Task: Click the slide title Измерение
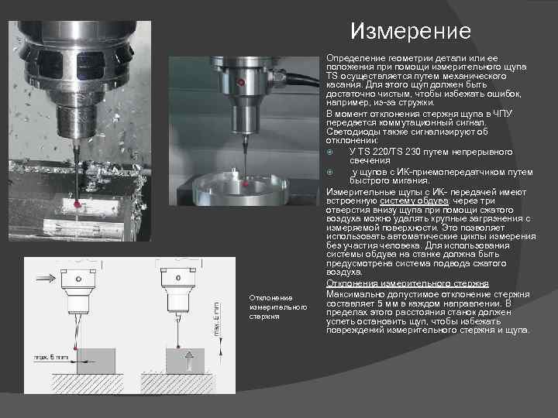[411, 31]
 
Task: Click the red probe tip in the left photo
[77, 204]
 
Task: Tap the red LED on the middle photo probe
[241, 83]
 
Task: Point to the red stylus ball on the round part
[245, 183]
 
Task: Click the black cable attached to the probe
[302, 80]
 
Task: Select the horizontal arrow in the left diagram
[46, 278]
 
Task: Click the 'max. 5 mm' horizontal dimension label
[51, 357]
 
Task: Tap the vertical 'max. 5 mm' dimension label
[216, 320]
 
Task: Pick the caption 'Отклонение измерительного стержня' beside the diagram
[278, 307]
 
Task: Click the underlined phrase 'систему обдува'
[414, 201]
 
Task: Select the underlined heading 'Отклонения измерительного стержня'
[408, 283]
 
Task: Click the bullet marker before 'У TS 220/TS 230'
[330, 152]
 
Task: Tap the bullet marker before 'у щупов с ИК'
[330, 172]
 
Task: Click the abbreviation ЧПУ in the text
[502, 114]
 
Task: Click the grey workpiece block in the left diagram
[96, 361]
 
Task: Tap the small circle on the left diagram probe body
[78, 279]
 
